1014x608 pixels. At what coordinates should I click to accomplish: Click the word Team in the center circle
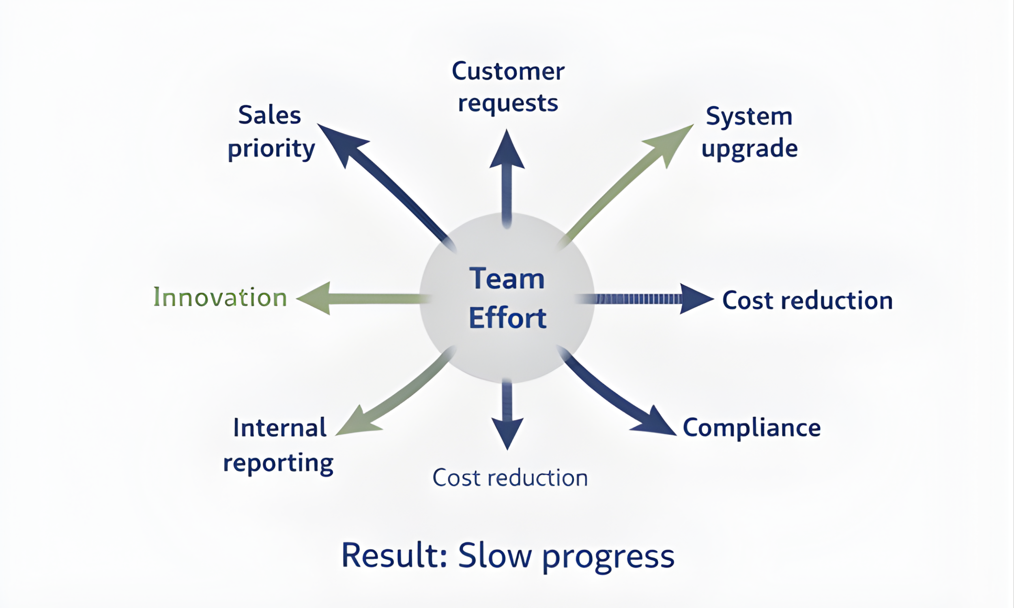pos(507,278)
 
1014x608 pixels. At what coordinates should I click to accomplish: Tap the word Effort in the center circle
pos(507,318)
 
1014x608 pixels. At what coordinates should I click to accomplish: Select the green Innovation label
pos(220,297)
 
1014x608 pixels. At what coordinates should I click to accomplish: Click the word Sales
pos(270,115)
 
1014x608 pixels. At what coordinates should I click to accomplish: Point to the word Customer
pos(508,71)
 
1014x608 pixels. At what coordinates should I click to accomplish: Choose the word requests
pos(508,103)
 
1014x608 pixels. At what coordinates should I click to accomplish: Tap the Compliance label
pos(752,428)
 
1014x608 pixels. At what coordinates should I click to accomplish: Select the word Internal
pos(279,428)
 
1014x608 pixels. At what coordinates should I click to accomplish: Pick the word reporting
pos(278,463)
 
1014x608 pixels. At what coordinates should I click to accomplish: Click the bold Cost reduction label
pos(807,300)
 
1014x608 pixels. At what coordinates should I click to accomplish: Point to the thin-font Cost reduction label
pos(510,478)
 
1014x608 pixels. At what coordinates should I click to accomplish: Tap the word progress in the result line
pos(609,557)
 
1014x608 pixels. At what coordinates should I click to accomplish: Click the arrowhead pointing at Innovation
pos(316,298)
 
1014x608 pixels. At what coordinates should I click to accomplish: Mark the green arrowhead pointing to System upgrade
pos(671,142)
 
